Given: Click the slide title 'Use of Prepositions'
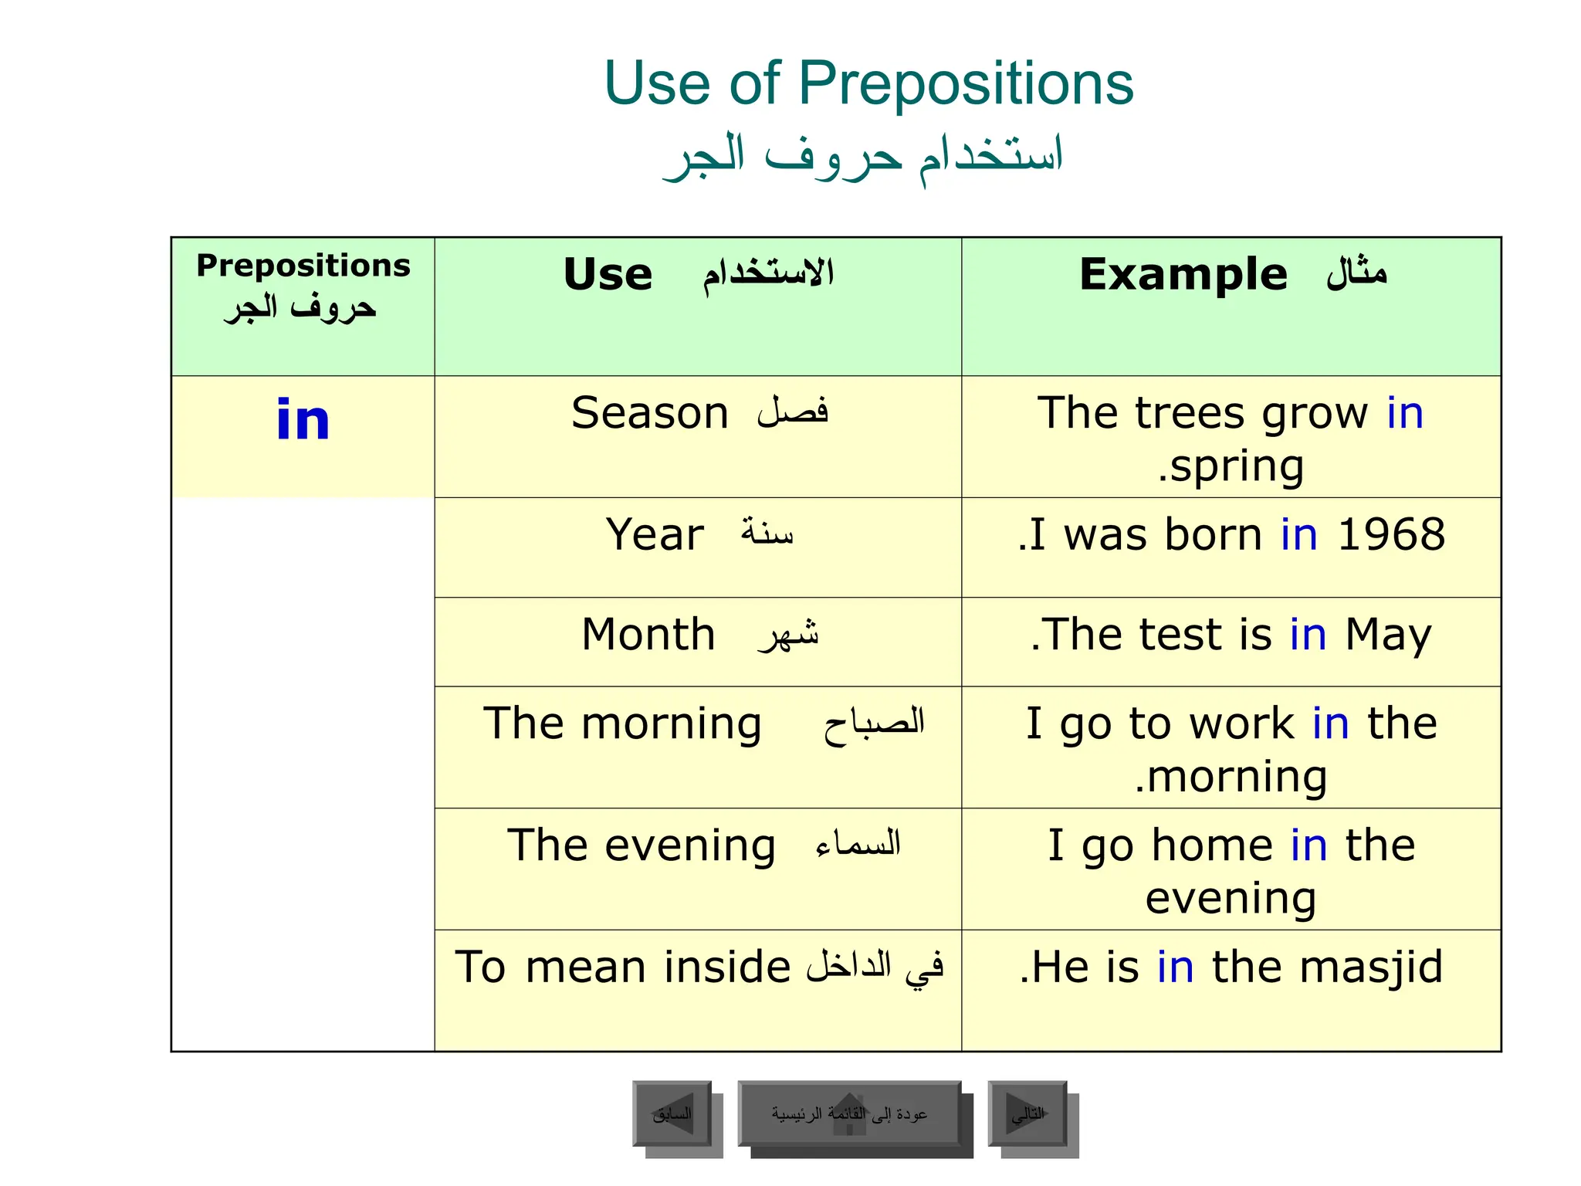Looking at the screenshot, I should pyautogui.click(x=868, y=83).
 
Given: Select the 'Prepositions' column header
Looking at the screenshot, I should pyautogui.click(x=303, y=266).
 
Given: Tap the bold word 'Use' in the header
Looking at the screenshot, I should pyautogui.click(x=608, y=275).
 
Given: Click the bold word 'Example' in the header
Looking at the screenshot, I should pyautogui.click(x=1183, y=275).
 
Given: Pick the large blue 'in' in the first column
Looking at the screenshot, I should pyautogui.click(x=303, y=420).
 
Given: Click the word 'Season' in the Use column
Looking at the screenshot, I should pyautogui.click(x=649, y=413).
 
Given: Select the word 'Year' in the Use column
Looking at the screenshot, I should pyautogui.click(x=655, y=534).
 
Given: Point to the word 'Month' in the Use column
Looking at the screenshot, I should pyautogui.click(x=648, y=635).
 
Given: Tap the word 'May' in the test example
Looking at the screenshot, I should pyautogui.click(x=1388, y=635).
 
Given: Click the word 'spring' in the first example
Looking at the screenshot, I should pyautogui.click(x=1237, y=466).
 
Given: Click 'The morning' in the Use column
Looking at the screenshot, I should pyautogui.click(x=622, y=724).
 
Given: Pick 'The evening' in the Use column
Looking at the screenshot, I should pyautogui.click(x=641, y=845).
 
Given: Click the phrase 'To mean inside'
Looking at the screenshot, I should pyautogui.click(x=622, y=967).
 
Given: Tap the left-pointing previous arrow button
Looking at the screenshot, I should pyautogui.click(x=672, y=1113).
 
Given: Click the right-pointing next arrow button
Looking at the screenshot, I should pyautogui.click(x=1027, y=1113).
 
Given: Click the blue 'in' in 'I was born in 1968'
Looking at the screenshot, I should pyautogui.click(x=1298, y=534).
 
